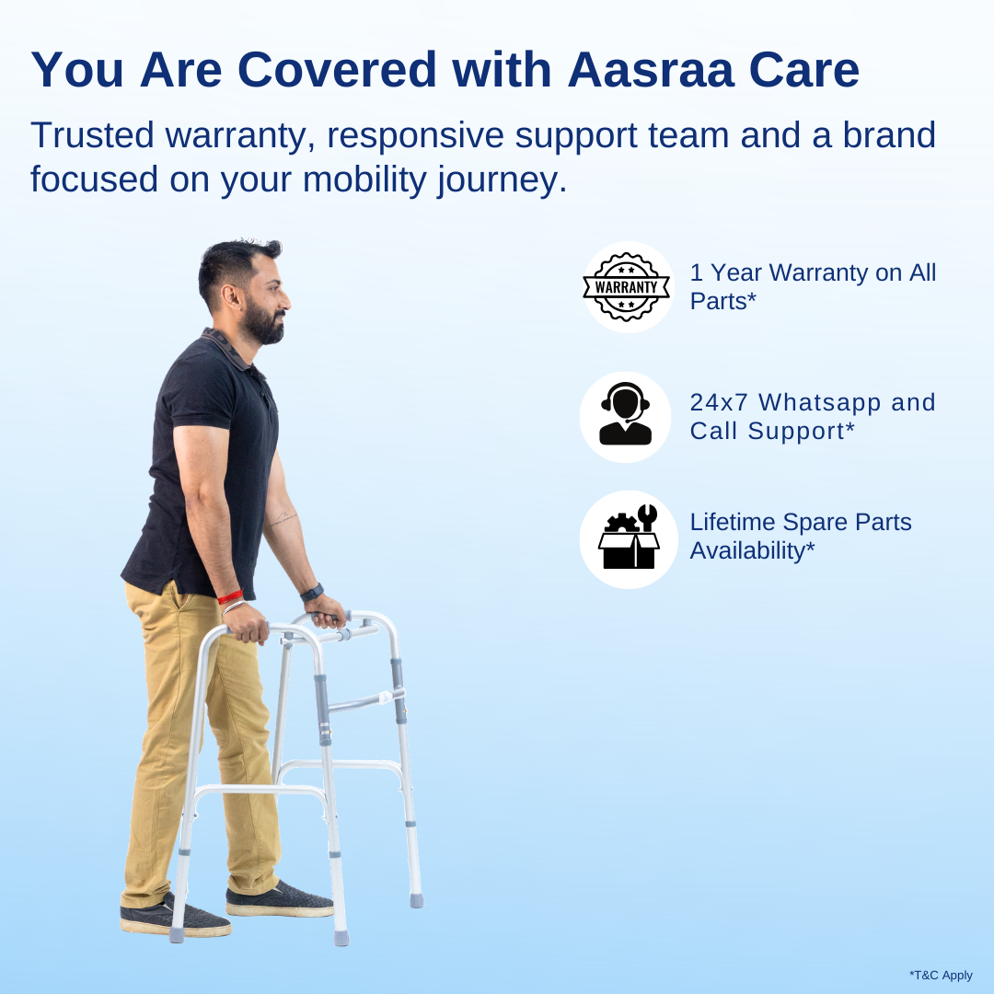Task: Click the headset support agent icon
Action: point(626,416)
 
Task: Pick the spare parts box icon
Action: point(629,538)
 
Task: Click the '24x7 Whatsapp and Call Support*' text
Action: point(812,416)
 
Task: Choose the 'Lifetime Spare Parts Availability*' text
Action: point(801,536)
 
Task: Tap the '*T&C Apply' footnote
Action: point(941,975)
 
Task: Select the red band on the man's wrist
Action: point(230,597)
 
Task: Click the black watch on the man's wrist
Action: point(312,592)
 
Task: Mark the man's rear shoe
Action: point(175,917)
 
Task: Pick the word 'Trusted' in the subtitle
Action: point(92,135)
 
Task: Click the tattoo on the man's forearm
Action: point(283,520)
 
